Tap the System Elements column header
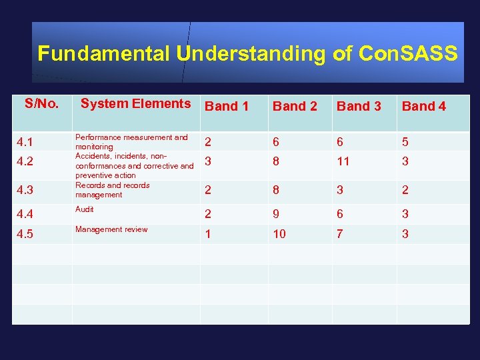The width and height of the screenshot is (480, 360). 135,103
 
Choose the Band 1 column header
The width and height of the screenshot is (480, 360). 226,106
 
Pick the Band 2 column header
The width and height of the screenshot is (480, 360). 294,106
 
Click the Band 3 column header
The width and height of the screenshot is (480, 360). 359,106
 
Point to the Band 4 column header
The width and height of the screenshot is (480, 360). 424,106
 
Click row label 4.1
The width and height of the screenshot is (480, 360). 25,142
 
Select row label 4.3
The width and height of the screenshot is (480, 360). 25,190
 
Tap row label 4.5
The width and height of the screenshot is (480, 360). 25,234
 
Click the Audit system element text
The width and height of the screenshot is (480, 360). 85,209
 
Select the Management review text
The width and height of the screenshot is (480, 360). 111,229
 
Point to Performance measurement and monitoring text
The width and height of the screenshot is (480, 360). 131,141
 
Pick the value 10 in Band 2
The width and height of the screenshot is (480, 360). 279,234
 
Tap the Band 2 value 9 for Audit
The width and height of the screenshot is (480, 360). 275,214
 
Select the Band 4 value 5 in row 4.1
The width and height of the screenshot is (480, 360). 405,142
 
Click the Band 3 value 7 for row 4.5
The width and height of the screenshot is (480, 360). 340,234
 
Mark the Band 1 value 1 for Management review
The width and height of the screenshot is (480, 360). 209,234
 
